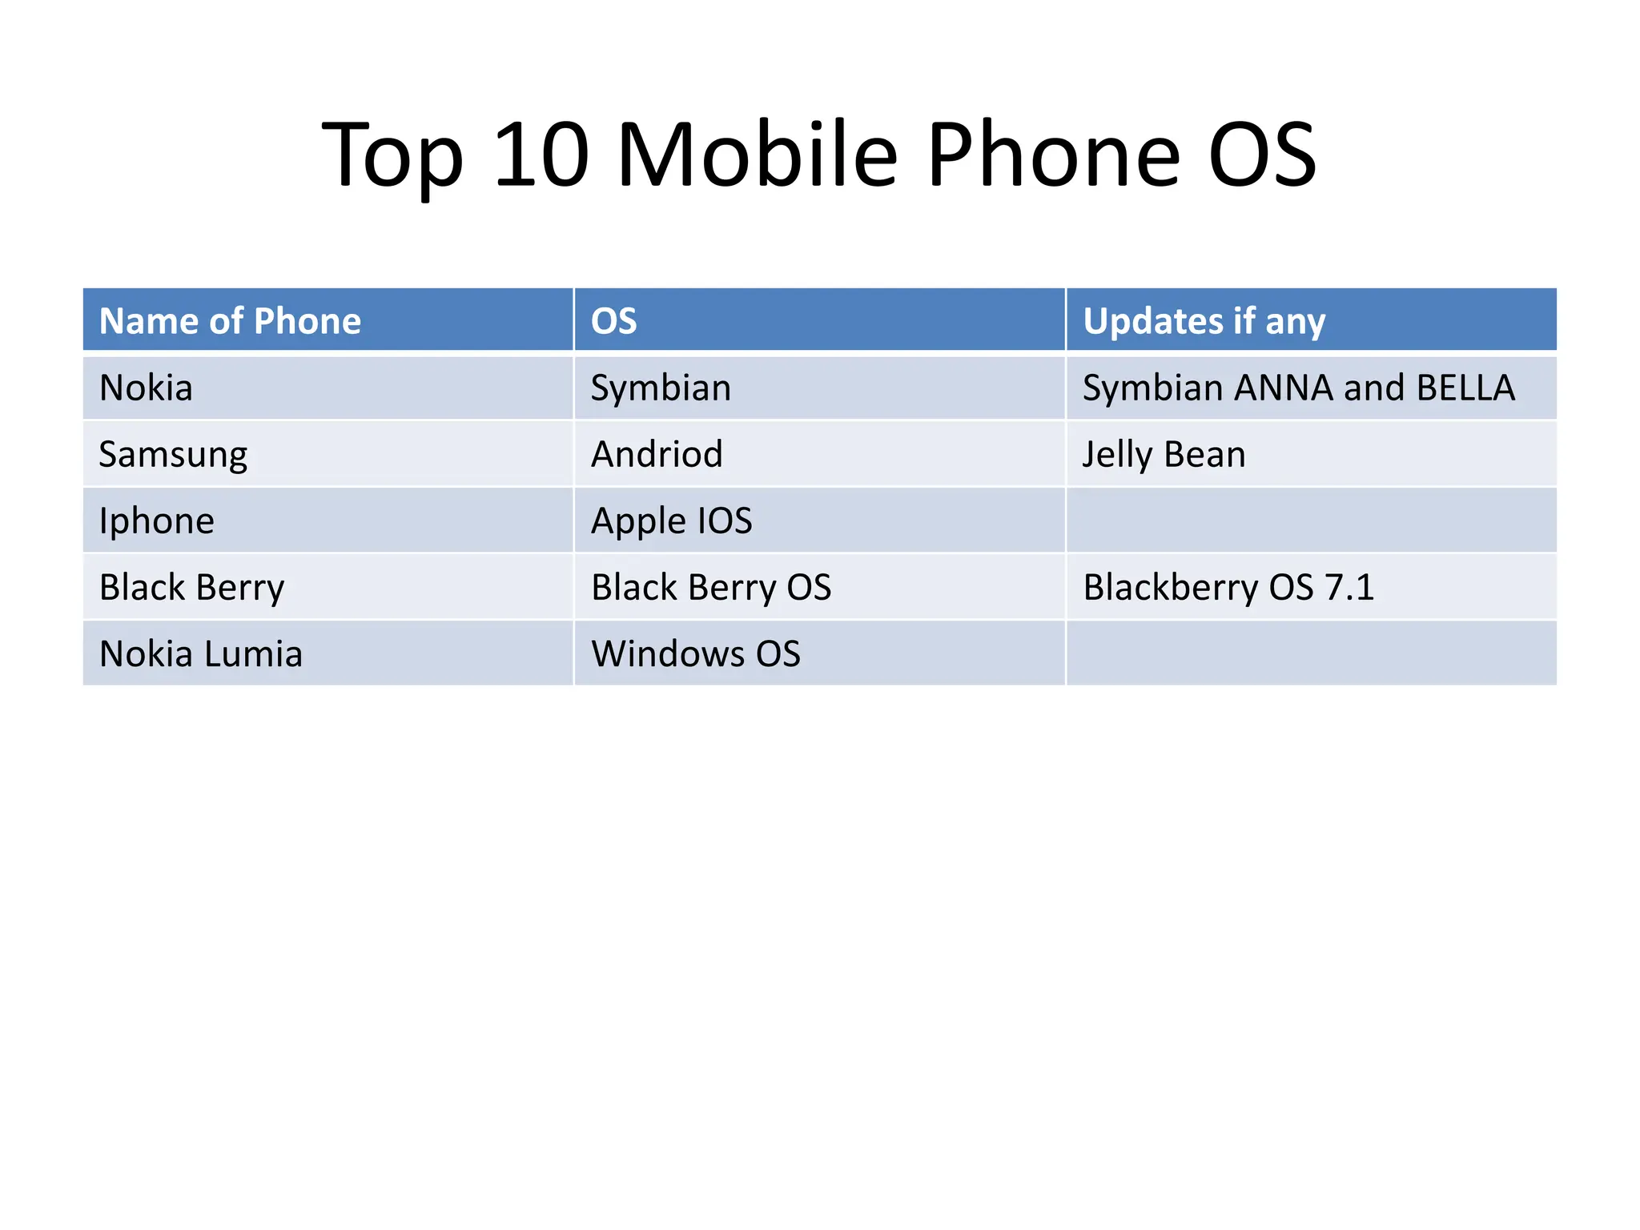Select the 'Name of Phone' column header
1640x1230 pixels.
tap(230, 321)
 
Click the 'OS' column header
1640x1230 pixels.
tap(613, 321)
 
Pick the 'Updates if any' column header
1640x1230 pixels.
tap(1204, 321)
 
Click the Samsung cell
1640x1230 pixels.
tap(173, 455)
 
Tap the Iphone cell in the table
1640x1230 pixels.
tap(157, 521)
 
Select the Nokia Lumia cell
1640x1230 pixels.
tap(201, 654)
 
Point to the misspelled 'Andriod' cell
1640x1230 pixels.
tap(657, 455)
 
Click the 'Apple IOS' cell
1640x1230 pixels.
tap(671, 521)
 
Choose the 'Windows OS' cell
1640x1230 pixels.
tap(695, 654)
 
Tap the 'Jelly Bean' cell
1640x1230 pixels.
tap(1164, 455)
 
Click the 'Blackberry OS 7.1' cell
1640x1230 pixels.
tap(1228, 588)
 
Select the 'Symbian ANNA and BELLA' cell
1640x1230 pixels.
tap(1298, 388)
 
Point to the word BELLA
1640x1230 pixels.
tap(1465, 388)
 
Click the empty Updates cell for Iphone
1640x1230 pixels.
tap(1311, 521)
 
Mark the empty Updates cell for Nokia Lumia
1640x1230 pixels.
tap(1311, 654)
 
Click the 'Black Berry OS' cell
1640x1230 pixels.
tap(711, 588)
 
